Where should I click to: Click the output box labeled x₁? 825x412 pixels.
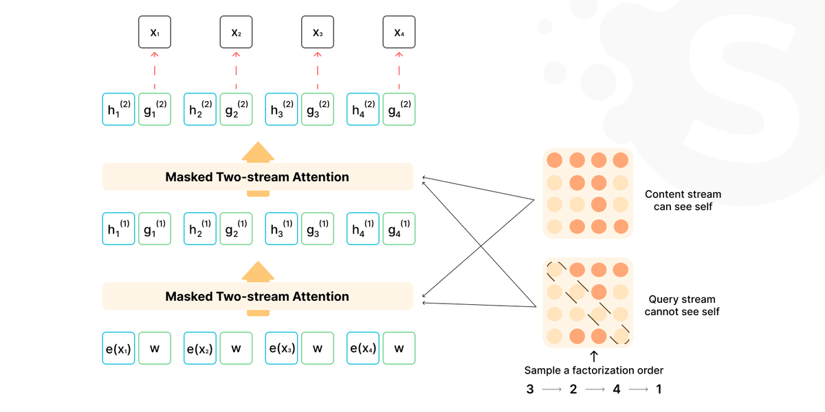tap(155, 32)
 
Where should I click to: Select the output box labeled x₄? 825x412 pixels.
tap(399, 32)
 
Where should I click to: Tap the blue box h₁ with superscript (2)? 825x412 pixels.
tap(118, 109)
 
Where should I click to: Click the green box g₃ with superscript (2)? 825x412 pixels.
tap(318, 109)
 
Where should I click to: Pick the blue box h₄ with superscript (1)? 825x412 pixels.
tap(363, 229)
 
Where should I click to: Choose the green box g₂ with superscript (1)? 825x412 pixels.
tap(236, 229)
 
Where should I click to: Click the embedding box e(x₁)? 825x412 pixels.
tap(118, 348)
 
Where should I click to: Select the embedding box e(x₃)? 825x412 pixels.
tap(281, 348)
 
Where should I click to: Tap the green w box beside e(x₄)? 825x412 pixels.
tap(399, 348)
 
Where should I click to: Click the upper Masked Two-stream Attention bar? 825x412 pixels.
tap(258, 177)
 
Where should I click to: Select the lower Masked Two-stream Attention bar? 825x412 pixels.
tap(258, 297)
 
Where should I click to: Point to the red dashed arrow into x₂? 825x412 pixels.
tap(236, 71)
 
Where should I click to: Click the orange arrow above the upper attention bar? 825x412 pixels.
tap(258, 152)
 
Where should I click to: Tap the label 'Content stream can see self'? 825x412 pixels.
tap(683, 201)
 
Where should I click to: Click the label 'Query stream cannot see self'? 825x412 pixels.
tap(682, 306)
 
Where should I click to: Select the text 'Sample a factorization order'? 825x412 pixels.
tap(594, 370)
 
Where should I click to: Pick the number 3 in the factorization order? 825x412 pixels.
tap(530, 389)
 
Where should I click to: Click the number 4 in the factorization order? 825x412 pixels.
tap(617, 389)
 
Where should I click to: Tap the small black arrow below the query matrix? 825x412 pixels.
tap(594, 356)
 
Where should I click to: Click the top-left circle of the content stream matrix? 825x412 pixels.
tap(555, 161)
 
